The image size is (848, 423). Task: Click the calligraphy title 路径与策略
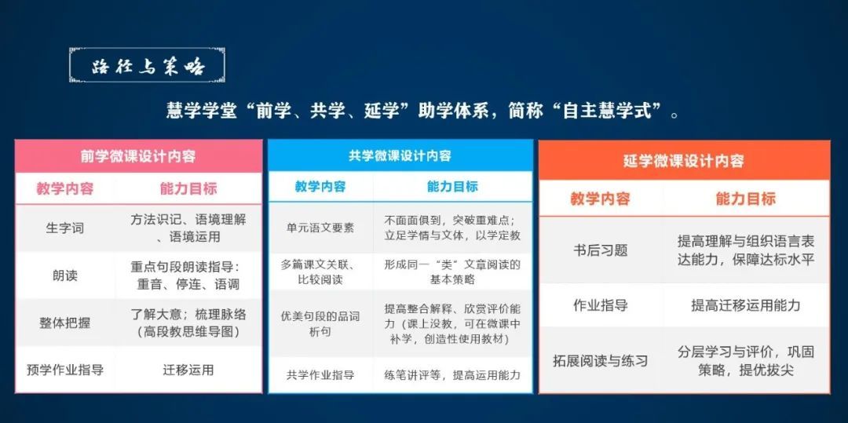pyautogui.click(x=147, y=67)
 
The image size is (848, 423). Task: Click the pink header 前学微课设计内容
pyautogui.click(x=138, y=157)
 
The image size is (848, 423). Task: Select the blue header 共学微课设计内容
pyautogui.click(x=400, y=156)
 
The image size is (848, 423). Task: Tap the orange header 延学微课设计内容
pyautogui.click(x=684, y=160)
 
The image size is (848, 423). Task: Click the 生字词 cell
pyautogui.click(x=65, y=228)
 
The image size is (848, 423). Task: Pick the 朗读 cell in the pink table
pyautogui.click(x=65, y=275)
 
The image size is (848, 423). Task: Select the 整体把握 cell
pyautogui.click(x=65, y=323)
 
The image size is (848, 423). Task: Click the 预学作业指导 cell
pyautogui.click(x=65, y=370)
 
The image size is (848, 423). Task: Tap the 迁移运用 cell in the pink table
pyautogui.click(x=188, y=370)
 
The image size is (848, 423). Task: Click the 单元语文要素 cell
pyautogui.click(x=320, y=228)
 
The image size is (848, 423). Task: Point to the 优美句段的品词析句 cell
pyautogui.click(x=320, y=323)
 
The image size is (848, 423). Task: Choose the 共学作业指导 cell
pyautogui.click(x=320, y=374)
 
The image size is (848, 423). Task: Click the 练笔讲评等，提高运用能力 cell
pyautogui.click(x=452, y=374)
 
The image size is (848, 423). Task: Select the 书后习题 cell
pyautogui.click(x=601, y=250)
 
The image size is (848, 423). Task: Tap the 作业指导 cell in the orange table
pyautogui.click(x=601, y=305)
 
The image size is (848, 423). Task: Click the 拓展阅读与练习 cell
pyautogui.click(x=601, y=360)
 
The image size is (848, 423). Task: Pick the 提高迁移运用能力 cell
pyautogui.click(x=746, y=305)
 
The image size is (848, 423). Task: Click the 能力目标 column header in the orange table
pyautogui.click(x=746, y=199)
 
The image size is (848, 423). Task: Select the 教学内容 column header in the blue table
pyautogui.click(x=320, y=187)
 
